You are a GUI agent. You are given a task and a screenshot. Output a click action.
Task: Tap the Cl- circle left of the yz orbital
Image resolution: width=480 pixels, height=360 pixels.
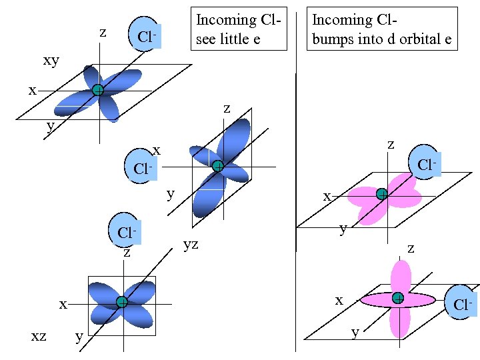142,166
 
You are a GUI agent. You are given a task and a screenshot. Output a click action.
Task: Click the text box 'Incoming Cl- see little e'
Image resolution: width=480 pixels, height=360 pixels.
238,29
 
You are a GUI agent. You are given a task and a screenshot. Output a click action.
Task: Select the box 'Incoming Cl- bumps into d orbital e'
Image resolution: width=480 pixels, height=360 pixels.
382,29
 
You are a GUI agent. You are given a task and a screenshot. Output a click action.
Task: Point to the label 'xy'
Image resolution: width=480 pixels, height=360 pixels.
51,61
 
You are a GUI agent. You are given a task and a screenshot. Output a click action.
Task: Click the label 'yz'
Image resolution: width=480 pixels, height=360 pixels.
191,245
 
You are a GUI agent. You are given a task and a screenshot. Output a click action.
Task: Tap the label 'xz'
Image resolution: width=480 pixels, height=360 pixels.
39,336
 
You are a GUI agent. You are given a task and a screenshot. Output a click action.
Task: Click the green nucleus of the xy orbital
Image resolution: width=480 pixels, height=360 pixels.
98,90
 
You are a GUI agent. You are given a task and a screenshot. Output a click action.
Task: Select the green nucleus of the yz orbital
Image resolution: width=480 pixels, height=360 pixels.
217,166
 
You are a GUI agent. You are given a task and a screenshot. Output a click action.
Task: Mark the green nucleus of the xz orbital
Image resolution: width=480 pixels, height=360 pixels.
121,302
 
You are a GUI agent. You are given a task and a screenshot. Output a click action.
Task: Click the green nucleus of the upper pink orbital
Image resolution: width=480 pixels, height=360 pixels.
381,194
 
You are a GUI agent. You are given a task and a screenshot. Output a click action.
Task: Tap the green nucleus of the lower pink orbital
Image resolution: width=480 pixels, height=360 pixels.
398,298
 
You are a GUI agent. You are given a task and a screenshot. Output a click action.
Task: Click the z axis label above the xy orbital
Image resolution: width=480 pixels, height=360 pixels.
102,32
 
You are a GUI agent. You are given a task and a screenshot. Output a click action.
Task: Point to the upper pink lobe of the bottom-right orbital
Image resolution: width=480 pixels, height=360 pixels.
401,275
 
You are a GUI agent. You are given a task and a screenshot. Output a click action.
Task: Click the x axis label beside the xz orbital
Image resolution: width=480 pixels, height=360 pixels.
63,304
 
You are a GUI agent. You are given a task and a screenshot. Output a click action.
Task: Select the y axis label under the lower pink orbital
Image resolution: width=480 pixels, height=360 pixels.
355,332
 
